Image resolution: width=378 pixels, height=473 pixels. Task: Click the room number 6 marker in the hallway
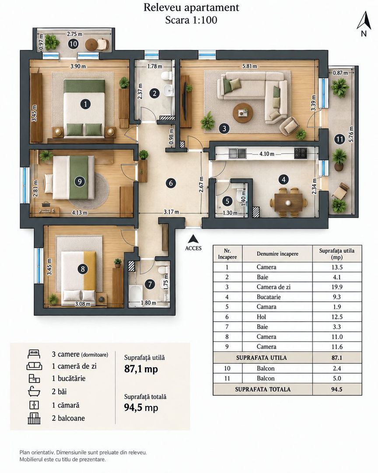(171, 183)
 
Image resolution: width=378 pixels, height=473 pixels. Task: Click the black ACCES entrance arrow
(193, 239)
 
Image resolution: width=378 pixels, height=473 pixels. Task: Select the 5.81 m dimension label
(249, 66)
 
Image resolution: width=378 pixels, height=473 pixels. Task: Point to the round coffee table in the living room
(243, 113)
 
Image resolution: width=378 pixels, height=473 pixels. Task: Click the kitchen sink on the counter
(237, 153)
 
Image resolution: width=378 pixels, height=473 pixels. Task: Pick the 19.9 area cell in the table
(337, 287)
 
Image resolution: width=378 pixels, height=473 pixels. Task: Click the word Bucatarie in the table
(269, 297)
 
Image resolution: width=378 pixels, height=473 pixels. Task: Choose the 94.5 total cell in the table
(337, 389)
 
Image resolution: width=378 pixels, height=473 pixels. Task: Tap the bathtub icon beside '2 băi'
(34, 392)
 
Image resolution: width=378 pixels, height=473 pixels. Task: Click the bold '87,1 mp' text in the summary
(141, 369)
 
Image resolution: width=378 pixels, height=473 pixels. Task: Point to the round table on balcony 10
(91, 45)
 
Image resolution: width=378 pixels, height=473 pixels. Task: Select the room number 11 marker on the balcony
(339, 139)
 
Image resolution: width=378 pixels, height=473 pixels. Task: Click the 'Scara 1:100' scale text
(191, 20)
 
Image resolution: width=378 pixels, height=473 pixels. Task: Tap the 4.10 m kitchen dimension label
(267, 154)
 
